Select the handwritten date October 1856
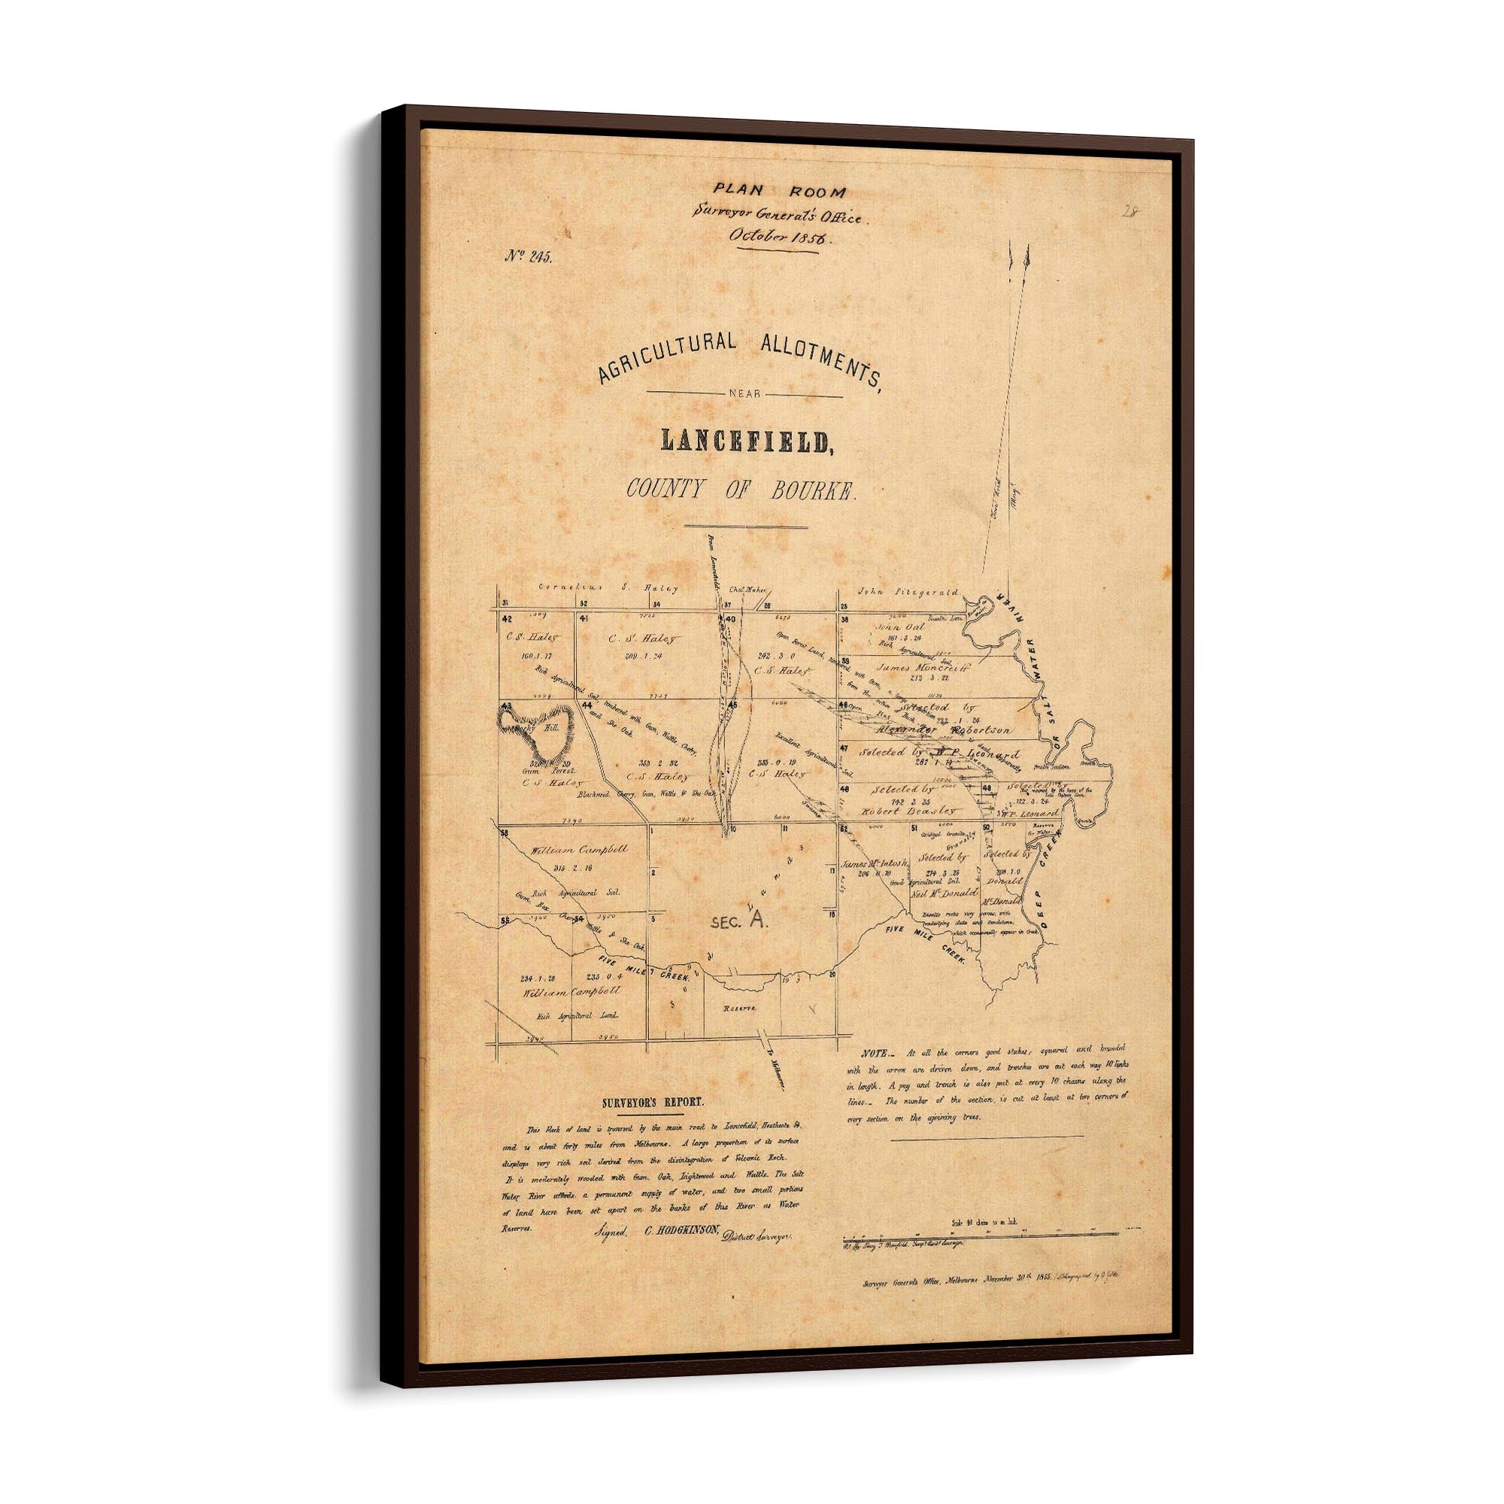click(x=775, y=238)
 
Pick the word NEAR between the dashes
click(x=744, y=395)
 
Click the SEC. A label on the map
click(x=738, y=922)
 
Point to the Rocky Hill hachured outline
click(x=537, y=729)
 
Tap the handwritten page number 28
click(x=1130, y=211)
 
